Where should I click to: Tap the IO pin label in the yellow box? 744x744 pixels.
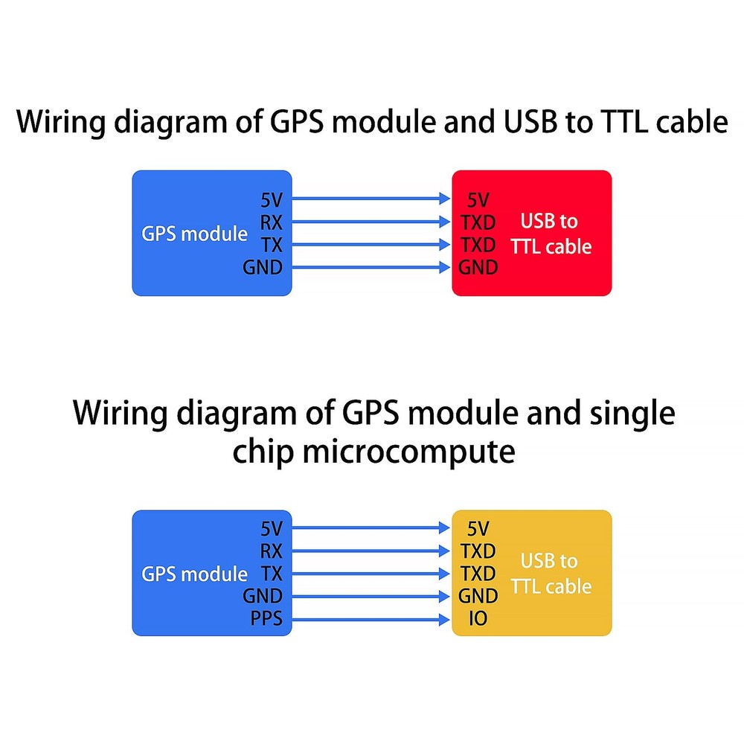[x=478, y=618]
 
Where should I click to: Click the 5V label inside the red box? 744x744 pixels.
[x=478, y=199]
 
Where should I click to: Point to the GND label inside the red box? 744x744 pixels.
[x=478, y=267]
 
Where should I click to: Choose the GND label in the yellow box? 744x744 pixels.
[x=478, y=596]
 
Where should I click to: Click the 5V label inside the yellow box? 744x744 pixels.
[x=478, y=529]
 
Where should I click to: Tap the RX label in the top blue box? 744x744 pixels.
[x=272, y=222]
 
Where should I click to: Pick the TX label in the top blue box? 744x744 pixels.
[x=272, y=244]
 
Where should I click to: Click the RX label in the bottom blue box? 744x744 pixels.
[x=272, y=551]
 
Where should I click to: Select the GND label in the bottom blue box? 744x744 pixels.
[x=262, y=596]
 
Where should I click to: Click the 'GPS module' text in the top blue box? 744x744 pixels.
[x=194, y=234]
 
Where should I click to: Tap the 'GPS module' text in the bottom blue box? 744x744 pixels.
[x=194, y=574]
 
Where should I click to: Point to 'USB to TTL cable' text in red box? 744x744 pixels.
[x=551, y=234]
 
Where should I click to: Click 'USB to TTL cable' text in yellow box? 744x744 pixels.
[x=551, y=574]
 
